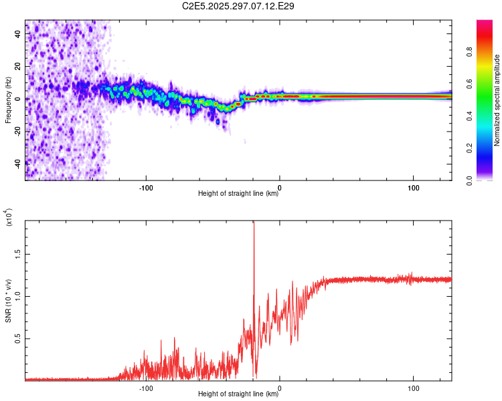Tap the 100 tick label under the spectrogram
click(414, 187)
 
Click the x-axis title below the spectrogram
click(238, 194)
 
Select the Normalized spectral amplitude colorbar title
click(497, 100)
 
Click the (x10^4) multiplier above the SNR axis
click(9, 217)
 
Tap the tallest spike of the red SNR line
click(254, 224)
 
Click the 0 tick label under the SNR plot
click(280, 388)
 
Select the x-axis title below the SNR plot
click(238, 394)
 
